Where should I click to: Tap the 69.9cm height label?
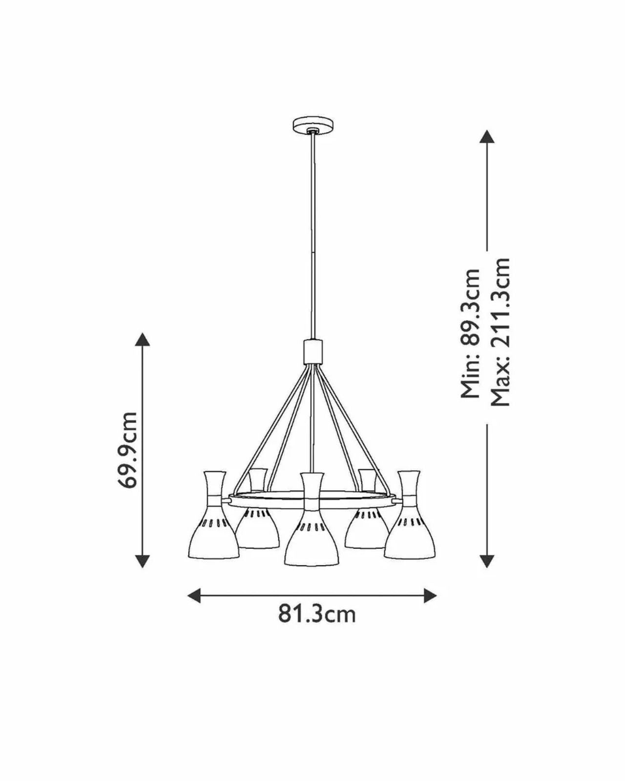tap(128, 450)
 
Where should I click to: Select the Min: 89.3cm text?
tap(471, 333)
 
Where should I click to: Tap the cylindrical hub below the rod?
tap(312, 351)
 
